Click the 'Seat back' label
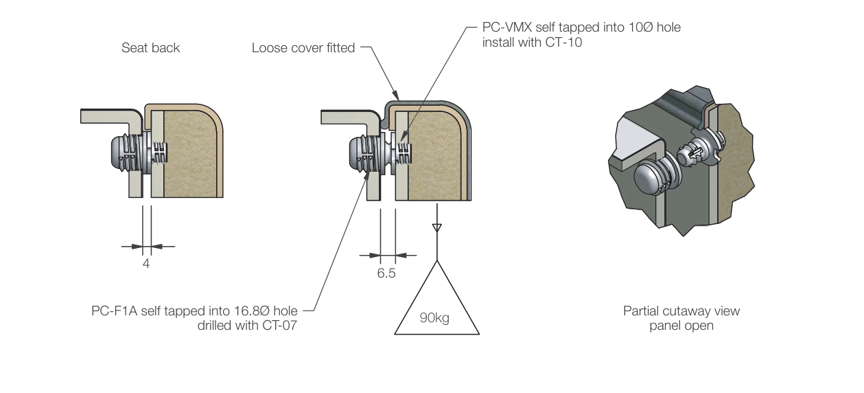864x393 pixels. tap(150, 48)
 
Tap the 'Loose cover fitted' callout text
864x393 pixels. tap(303, 48)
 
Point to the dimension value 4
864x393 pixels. tap(145, 263)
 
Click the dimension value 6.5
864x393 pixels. tap(386, 273)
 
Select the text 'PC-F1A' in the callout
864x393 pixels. tap(113, 311)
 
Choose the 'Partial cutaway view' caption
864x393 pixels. tap(681, 311)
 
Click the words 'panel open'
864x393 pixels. tap(681, 326)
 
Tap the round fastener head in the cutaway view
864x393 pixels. tap(649, 179)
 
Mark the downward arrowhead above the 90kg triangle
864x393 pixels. tap(436, 227)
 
